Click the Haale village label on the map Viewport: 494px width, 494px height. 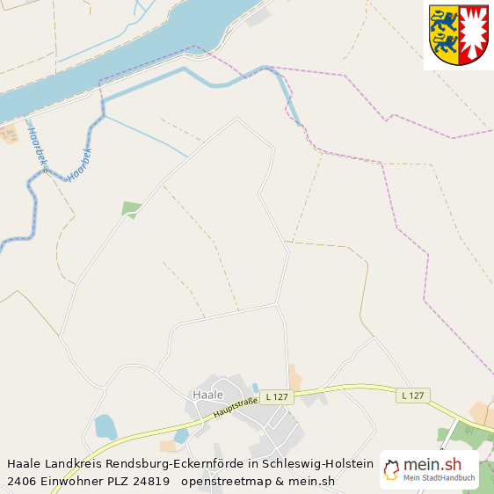[x=207, y=395]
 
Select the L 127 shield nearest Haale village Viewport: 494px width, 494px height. [x=275, y=396]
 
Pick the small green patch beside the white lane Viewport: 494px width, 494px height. [x=131, y=209]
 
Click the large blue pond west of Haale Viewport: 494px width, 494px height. [x=105, y=426]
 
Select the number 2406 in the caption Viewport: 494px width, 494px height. [x=21, y=481]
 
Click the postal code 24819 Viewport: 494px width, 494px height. [x=150, y=481]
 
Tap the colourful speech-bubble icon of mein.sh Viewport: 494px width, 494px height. [x=391, y=469]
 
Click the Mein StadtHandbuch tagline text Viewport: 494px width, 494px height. [x=440, y=478]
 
